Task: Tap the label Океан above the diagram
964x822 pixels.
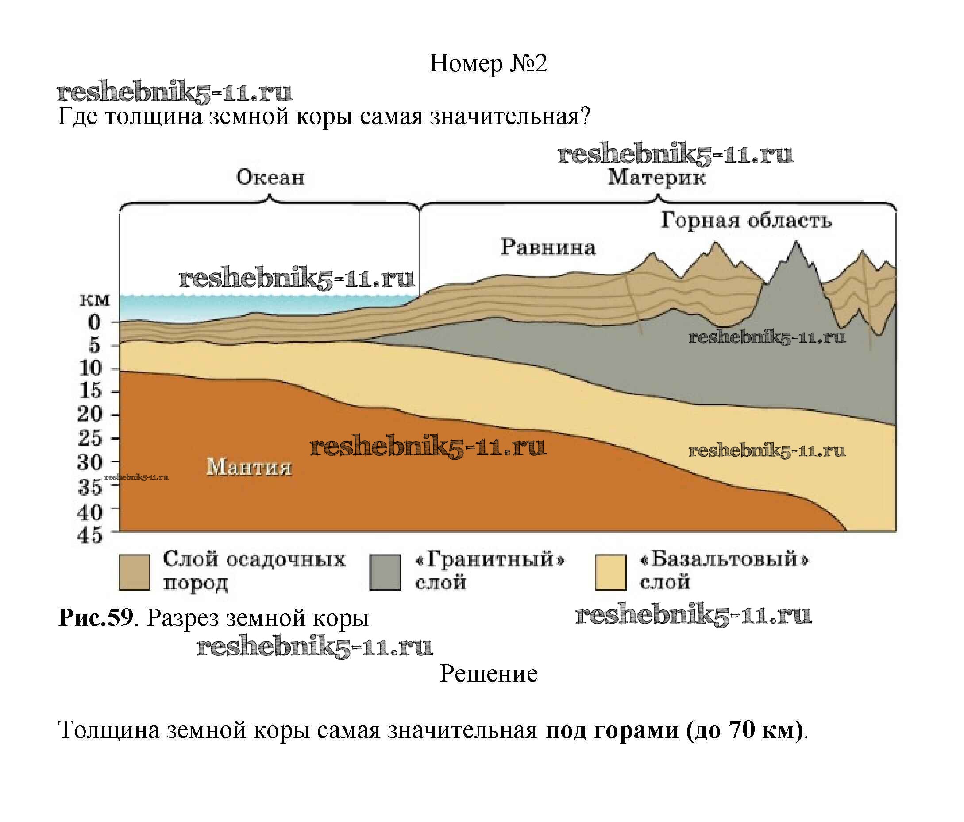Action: point(270,177)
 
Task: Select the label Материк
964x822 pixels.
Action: point(656,177)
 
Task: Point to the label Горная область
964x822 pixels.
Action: point(746,220)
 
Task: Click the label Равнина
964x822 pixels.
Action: point(548,247)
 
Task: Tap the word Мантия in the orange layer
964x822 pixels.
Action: point(249,467)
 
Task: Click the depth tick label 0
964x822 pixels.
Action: point(94,322)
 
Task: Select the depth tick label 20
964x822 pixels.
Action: point(89,414)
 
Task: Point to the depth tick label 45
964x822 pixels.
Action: point(89,536)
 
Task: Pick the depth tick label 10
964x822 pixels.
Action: point(90,368)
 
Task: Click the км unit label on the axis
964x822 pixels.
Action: point(95,300)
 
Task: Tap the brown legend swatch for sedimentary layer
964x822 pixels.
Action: point(135,573)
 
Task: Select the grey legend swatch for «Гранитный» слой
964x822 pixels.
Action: point(385,573)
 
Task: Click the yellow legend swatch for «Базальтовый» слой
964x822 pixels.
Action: point(610,573)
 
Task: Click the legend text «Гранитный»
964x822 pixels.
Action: point(490,559)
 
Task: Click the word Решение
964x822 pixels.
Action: point(489,674)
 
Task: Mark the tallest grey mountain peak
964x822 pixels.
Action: point(796,243)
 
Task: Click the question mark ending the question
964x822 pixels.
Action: point(585,116)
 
